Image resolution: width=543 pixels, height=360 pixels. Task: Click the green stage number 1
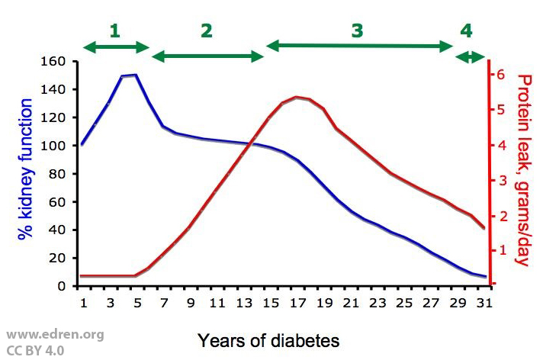tap(115, 31)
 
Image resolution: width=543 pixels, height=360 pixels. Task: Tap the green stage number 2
tap(207, 31)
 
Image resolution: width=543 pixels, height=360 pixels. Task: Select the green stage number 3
tap(358, 31)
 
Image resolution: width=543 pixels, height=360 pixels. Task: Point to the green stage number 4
tap(466, 31)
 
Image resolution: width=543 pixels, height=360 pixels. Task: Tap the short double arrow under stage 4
tap(470, 56)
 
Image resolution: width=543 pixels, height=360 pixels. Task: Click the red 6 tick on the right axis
tap(500, 74)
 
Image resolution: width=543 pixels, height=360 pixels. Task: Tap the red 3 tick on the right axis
tap(500, 180)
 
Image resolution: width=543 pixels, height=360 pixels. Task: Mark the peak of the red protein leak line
tap(296, 97)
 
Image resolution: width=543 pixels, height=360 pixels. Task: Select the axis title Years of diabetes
tap(268, 339)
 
